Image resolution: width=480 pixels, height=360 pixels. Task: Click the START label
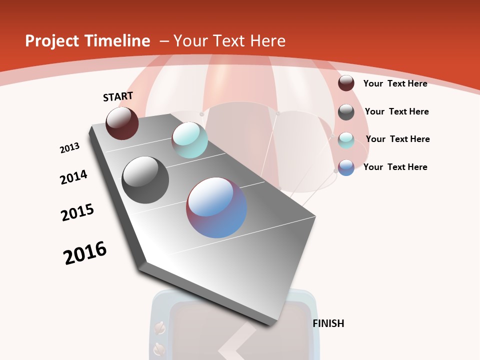(x=118, y=96)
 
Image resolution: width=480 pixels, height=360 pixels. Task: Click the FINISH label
(x=328, y=323)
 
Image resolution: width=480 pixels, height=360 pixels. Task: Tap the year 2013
(x=69, y=148)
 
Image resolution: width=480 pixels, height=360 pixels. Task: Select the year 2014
(x=73, y=177)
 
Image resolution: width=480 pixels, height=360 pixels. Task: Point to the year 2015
(x=77, y=212)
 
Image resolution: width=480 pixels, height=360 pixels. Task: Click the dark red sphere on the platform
(x=122, y=123)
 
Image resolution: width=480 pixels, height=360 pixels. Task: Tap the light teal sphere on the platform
(x=189, y=140)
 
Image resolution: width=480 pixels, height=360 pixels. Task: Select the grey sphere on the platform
(x=145, y=180)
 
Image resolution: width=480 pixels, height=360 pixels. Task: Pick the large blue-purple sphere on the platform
(x=216, y=207)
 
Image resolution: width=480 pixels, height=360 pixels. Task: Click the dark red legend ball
(x=346, y=83)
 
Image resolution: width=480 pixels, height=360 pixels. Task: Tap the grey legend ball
(x=346, y=111)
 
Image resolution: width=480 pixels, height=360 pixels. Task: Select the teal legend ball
(x=346, y=140)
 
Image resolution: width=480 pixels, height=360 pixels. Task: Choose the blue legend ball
(x=346, y=167)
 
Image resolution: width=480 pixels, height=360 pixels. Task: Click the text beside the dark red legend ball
(x=395, y=83)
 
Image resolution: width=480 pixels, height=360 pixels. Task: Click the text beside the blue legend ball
(x=395, y=167)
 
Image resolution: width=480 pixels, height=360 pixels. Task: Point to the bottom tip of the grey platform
(x=272, y=324)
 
